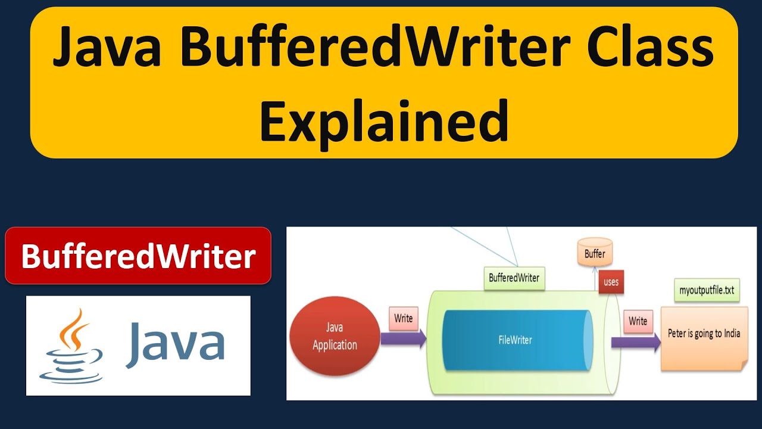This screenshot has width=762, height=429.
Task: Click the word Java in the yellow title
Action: (107, 49)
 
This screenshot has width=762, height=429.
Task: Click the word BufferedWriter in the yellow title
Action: (381, 49)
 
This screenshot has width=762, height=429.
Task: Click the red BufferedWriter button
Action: (138, 256)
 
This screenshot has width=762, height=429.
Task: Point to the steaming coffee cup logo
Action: (71, 346)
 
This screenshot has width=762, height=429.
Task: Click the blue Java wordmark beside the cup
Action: (175, 344)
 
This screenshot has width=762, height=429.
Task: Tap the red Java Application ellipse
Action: (335, 337)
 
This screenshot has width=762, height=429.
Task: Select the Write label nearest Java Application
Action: (403, 319)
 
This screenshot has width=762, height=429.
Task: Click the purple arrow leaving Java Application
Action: (404, 339)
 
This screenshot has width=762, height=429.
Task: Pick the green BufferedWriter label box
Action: (514, 278)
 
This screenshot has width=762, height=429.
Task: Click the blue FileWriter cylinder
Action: (515, 340)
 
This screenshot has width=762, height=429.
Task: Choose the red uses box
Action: (611, 282)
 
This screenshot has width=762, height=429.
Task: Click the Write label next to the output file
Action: (638, 321)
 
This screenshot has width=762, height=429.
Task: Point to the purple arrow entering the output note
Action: (636, 342)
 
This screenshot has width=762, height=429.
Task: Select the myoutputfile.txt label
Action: (707, 291)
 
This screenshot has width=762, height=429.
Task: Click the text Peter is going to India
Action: (704, 333)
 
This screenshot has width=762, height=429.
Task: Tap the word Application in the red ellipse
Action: (335, 345)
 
